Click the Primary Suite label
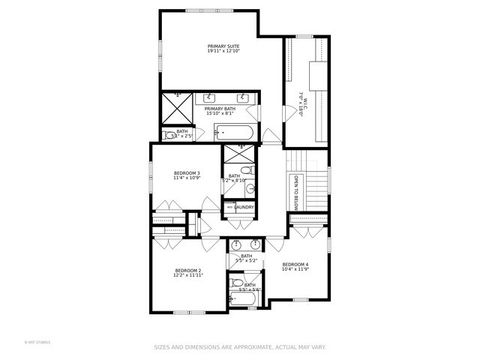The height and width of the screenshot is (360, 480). (223, 47)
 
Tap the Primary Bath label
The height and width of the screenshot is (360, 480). (220, 107)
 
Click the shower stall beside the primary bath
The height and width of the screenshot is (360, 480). (180, 106)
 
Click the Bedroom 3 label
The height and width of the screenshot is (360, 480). (186, 173)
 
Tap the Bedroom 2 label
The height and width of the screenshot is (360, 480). (188, 271)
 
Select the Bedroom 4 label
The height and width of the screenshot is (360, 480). (295, 263)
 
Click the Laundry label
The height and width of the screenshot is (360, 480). (243, 207)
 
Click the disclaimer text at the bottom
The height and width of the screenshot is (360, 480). (240, 348)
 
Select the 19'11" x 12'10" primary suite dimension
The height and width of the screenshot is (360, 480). (223, 53)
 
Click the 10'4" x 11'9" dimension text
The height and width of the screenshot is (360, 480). (295, 269)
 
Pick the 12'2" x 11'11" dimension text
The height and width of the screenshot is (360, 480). (188, 277)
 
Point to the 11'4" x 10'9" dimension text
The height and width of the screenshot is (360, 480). (186, 179)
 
